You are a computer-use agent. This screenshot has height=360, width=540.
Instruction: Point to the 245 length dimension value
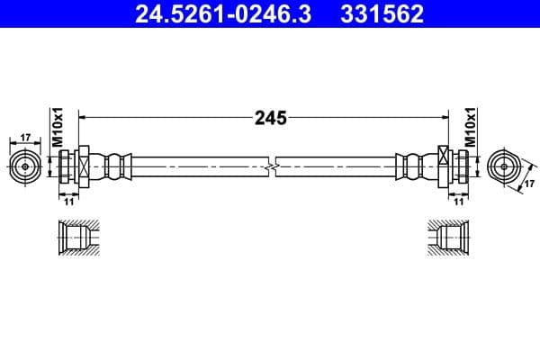coord(269,117)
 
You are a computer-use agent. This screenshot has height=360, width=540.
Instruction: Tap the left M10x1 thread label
coord(55,127)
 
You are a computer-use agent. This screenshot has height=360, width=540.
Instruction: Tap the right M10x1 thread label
coord(469,127)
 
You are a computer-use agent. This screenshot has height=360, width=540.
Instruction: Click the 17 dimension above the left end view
coord(24,138)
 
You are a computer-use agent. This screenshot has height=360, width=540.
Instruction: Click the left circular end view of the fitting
coord(25,167)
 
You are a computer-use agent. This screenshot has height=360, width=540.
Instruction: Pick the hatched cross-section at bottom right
coord(448,238)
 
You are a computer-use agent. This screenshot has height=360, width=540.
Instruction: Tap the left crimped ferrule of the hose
coord(116,166)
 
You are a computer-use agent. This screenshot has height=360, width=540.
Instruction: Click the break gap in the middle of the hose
coord(271,166)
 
